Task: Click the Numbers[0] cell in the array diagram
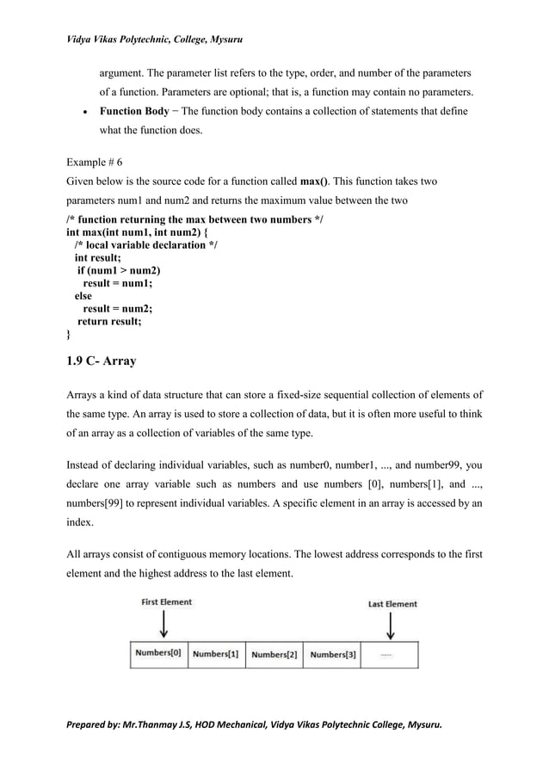157,654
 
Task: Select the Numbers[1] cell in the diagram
216,654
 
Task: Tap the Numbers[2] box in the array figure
274,654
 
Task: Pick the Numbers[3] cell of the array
333,654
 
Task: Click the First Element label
167,602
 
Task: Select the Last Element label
392,604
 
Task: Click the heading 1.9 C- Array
101,361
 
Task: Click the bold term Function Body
134,112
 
